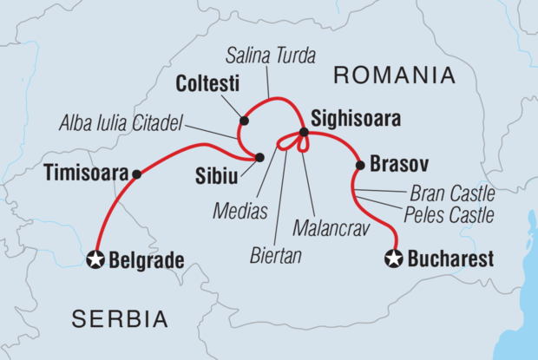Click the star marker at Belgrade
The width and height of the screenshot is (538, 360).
(95, 259)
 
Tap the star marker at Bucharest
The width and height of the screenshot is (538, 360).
(395, 259)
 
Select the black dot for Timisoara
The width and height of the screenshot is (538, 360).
(136, 173)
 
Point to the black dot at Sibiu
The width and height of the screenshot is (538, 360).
(259, 157)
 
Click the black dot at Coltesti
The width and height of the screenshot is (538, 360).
(244, 121)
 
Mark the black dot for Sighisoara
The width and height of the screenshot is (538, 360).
(304, 133)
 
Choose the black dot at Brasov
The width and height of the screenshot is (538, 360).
(358, 165)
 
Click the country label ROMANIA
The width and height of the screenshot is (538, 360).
(394, 75)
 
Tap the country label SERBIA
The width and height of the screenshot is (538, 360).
(121, 319)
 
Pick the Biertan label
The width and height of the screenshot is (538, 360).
(276, 257)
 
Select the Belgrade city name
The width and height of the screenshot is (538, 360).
(147, 259)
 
